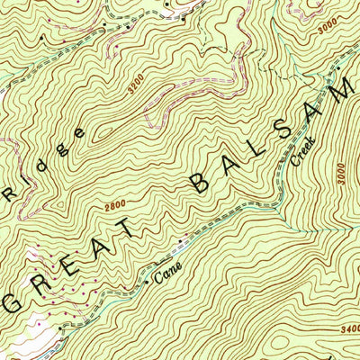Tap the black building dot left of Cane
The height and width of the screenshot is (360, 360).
click(148, 283)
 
